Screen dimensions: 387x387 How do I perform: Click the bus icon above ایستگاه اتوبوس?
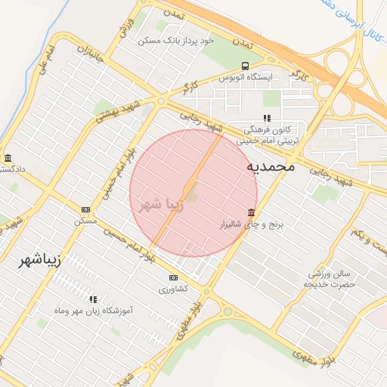(244, 66)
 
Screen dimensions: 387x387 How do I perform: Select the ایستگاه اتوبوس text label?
(244, 77)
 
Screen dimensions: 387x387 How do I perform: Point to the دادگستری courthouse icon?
(8, 158)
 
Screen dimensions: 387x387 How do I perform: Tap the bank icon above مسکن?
(85, 209)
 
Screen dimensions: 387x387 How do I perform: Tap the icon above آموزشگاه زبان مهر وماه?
(93, 299)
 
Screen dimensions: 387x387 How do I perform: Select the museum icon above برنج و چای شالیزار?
(250, 212)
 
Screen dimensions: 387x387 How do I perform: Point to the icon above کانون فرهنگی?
(266, 118)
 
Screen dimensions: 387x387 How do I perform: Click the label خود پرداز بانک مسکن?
(176, 39)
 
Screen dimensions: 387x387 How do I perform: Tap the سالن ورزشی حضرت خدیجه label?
(330, 278)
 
